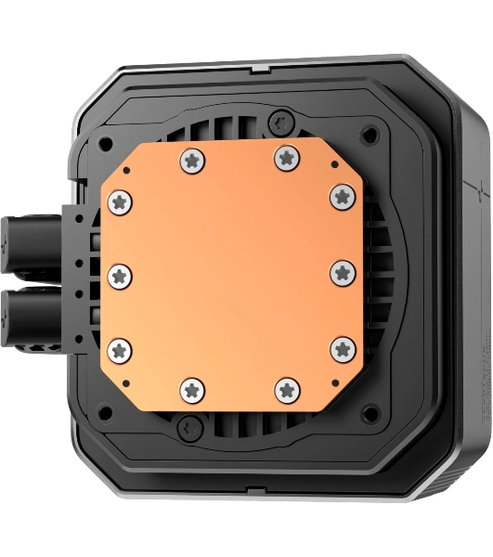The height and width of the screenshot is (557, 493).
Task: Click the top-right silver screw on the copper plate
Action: pyautogui.click(x=286, y=159)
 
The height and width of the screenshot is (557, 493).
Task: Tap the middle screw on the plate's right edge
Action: pyautogui.click(x=343, y=272)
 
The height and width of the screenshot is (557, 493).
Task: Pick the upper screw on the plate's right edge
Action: pyautogui.click(x=343, y=196)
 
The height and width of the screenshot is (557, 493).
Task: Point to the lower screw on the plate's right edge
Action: pyautogui.click(x=343, y=349)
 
